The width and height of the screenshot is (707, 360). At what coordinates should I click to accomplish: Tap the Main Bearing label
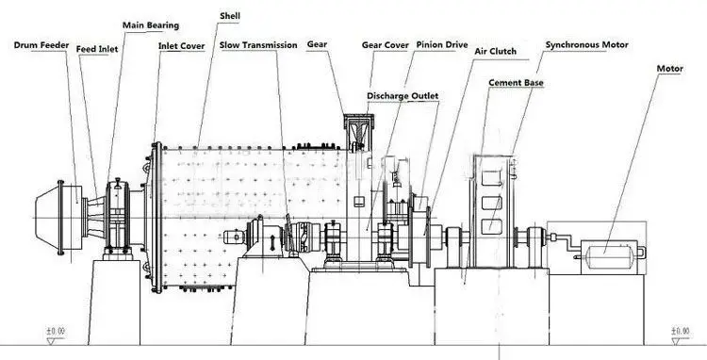click(151, 25)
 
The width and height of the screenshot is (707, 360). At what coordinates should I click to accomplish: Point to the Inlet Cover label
click(181, 45)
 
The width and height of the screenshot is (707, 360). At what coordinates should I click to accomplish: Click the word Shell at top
click(228, 16)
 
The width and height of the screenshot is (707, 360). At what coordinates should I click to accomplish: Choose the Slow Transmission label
click(258, 45)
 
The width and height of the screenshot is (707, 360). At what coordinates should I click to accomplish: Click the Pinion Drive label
click(442, 45)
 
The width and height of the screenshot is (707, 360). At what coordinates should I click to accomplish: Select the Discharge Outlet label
click(403, 95)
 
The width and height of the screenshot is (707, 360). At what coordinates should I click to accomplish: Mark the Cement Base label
click(516, 83)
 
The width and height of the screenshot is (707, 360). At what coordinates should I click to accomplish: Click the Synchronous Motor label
click(587, 44)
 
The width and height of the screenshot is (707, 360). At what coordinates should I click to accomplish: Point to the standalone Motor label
click(670, 69)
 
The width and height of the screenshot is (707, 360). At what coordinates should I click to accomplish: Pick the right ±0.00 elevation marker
click(677, 331)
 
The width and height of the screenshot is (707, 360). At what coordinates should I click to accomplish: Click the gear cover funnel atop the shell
click(358, 132)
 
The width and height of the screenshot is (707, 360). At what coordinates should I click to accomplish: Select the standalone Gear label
click(317, 45)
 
